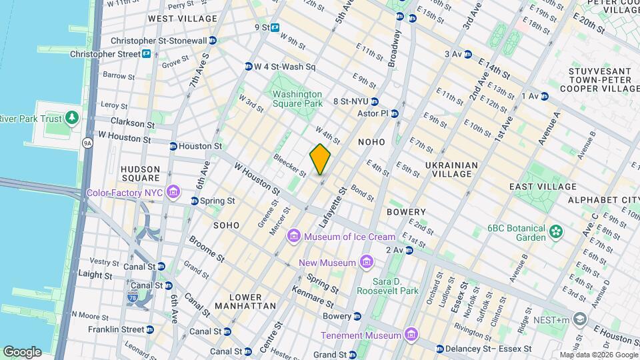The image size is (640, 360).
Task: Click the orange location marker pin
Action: pos(321,159)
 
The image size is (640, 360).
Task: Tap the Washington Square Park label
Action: pos(297,99)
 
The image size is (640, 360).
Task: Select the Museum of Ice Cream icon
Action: pos(294,237)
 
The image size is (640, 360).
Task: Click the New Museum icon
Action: pos(365,263)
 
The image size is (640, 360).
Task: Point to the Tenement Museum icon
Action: pos(411,335)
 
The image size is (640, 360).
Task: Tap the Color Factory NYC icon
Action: pos(173,193)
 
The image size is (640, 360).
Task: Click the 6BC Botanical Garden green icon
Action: pos(556,232)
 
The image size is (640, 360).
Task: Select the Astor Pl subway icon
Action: pos(395,113)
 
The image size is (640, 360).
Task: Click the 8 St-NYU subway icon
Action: pos(375,102)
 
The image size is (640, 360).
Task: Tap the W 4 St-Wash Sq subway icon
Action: pos(249,67)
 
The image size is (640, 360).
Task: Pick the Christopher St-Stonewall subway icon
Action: pos(213,41)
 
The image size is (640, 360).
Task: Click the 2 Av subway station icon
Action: pos(409,250)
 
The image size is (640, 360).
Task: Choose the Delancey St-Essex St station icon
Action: pos(440,349)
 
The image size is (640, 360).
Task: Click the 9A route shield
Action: pos(87,143)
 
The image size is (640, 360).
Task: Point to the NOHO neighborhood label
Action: pos(372,142)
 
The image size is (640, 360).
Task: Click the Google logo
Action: pos(22,352)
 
